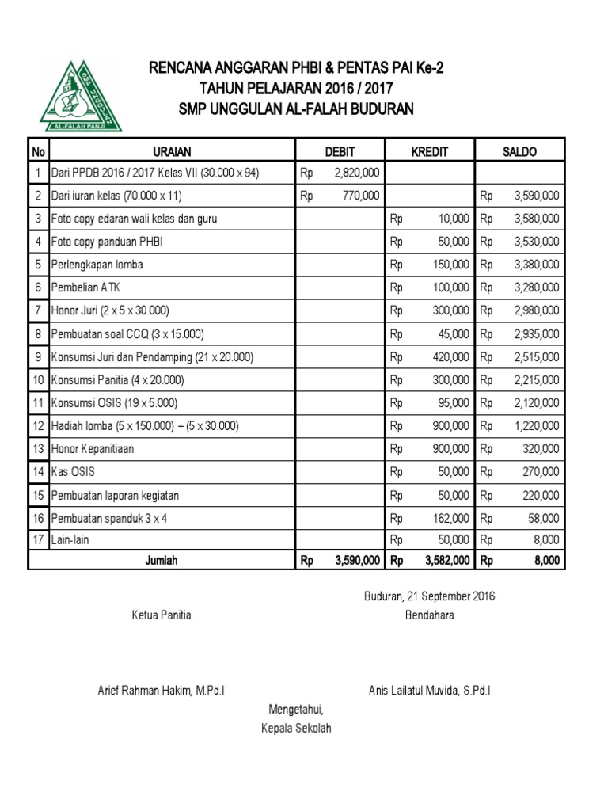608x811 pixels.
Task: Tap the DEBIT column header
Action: (340, 150)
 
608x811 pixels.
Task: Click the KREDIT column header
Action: (429, 150)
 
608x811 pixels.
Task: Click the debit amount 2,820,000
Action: (356, 173)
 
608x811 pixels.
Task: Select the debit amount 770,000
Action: (359, 196)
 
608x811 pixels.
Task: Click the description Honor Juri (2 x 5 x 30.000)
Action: (110, 310)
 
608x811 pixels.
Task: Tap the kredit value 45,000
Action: (454, 333)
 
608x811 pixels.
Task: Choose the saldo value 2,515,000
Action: (536, 356)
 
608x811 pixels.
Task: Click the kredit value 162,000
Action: (451, 519)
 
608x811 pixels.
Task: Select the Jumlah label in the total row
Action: (161, 560)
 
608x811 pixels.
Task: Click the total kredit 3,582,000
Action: (448, 560)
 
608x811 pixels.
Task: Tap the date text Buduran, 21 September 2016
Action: (429, 596)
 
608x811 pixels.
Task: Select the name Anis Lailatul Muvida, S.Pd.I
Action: (429, 691)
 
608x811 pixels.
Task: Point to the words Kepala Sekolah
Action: (296, 728)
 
